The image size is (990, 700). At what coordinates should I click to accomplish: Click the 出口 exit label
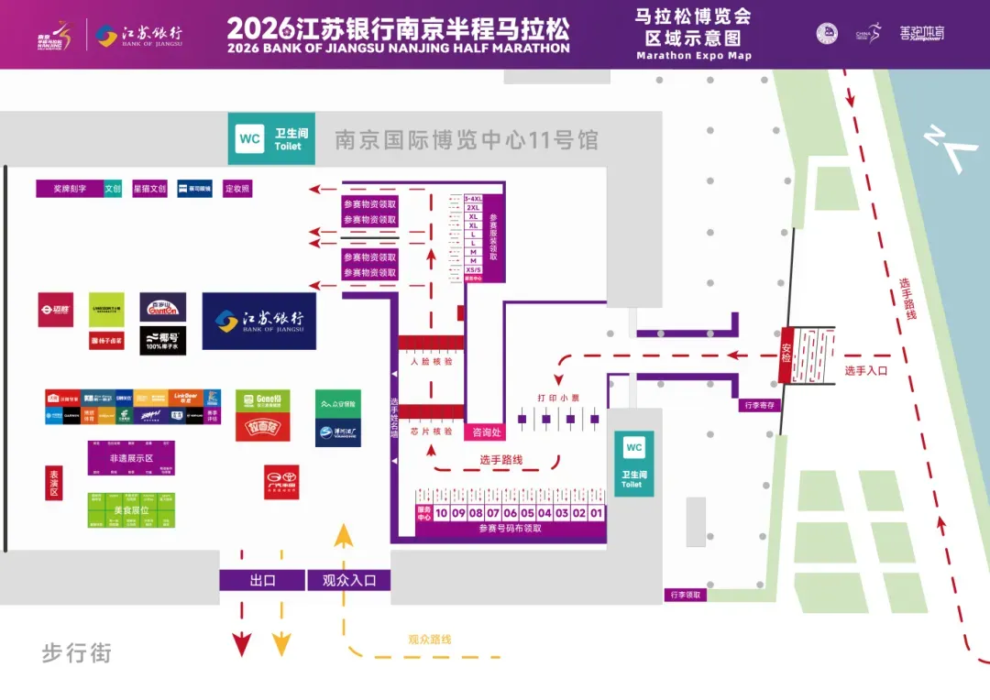pos(262,580)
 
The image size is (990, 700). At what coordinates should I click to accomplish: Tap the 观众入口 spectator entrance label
pos(348,580)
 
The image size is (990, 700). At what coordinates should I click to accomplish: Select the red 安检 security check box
pos(786,356)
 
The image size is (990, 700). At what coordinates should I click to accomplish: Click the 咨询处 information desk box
pos(486,432)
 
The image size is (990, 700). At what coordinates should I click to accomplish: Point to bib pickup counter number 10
pos(441,514)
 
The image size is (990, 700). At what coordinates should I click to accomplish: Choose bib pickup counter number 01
pos(597,514)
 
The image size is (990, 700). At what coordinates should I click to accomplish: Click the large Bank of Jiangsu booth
pos(259,321)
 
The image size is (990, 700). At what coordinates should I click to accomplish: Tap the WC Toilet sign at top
pos(269,139)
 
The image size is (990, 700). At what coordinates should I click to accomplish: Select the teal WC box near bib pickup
pos(633,463)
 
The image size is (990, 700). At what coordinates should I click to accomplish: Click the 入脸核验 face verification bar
pos(431,361)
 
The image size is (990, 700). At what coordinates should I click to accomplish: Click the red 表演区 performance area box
pos(53,482)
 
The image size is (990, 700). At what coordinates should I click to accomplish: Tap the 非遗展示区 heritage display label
pos(131,458)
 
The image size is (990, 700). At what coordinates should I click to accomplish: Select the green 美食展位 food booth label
pos(131,509)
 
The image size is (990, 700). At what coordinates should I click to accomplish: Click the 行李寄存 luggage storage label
pos(760,405)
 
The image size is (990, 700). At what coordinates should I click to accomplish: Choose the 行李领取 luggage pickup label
pos(687,595)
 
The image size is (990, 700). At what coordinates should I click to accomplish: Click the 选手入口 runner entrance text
pos(866,370)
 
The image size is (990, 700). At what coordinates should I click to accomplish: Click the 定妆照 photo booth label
pos(237,189)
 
